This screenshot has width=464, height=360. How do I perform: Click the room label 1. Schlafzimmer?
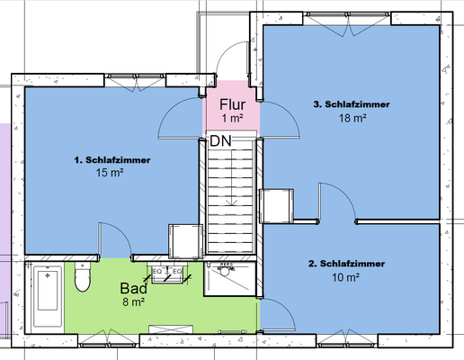pos(112,160)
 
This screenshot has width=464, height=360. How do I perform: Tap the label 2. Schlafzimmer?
pos(346,264)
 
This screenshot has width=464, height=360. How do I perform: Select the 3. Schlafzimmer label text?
pos(352,104)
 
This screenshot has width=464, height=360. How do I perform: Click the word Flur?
pos(232,104)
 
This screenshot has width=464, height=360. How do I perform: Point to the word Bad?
pos(134,288)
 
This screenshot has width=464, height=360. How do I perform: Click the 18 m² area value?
pos(352,118)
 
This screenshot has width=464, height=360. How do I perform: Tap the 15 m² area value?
pos(110,173)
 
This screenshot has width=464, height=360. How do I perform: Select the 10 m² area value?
pos(345,277)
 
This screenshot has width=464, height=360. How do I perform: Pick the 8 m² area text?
pos(134,301)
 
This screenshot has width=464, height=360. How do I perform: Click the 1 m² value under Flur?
pos(232,118)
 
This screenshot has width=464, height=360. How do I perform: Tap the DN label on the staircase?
pos(221,141)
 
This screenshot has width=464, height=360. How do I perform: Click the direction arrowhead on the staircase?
pos(231,202)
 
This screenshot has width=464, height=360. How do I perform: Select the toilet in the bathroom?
pos(83,276)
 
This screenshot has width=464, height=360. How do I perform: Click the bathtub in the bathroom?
pos(48,296)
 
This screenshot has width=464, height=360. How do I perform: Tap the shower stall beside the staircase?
pos(230,279)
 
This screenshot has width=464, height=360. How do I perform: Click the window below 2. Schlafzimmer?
pos(347,341)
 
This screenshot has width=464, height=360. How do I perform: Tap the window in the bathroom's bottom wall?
pos(109,341)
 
